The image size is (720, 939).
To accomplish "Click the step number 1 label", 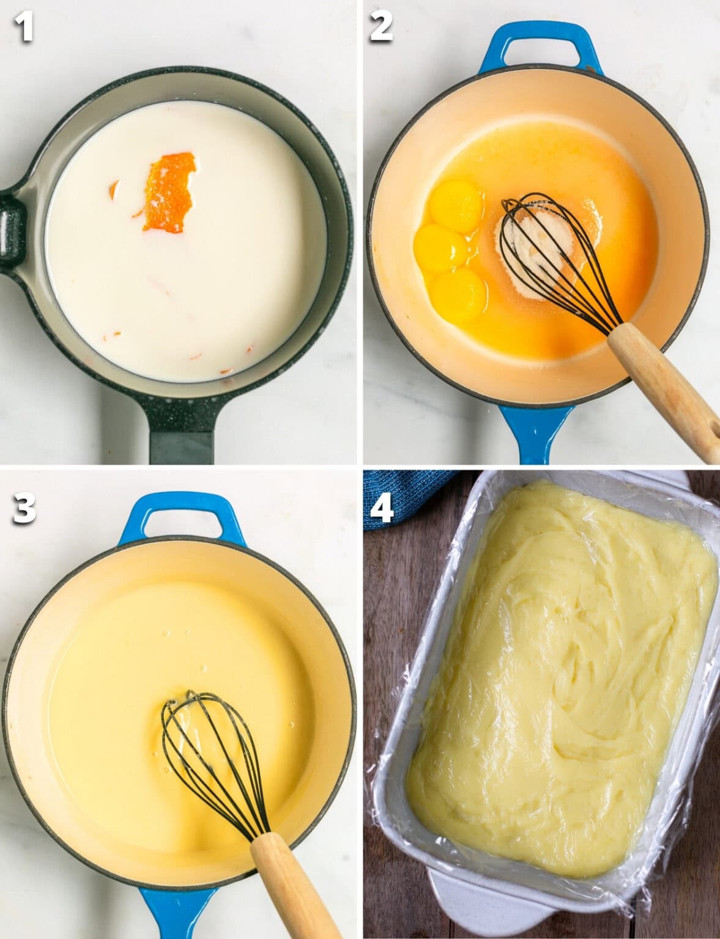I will (x=24, y=28).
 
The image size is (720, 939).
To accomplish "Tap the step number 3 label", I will (x=24, y=509).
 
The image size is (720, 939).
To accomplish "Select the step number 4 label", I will (x=381, y=509).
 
